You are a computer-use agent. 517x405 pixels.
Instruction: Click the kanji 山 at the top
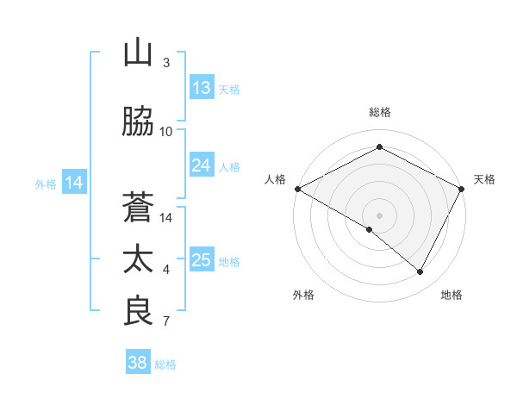point(138,53)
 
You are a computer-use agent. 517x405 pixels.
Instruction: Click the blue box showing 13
point(202,88)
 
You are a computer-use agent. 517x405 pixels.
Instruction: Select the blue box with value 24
point(202,165)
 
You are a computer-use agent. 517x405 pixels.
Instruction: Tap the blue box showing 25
point(202,260)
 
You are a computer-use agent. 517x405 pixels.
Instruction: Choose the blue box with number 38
point(138,364)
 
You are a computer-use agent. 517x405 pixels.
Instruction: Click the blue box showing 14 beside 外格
point(74,183)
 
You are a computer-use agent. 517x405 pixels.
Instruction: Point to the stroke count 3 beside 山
point(166,63)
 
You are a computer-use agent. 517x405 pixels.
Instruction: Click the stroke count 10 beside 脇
point(166,132)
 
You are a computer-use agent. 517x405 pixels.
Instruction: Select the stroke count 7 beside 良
point(166,322)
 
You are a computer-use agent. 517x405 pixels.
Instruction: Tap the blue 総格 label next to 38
point(165,364)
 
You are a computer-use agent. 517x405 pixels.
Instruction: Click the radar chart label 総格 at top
point(379,112)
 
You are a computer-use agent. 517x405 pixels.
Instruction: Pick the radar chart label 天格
point(484,179)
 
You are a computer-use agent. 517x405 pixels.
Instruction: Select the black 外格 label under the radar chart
point(303,295)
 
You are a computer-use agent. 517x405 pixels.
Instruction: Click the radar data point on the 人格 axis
point(297,188)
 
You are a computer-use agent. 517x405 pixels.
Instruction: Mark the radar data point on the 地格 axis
point(420,272)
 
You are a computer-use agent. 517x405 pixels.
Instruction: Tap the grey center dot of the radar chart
point(379,215)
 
